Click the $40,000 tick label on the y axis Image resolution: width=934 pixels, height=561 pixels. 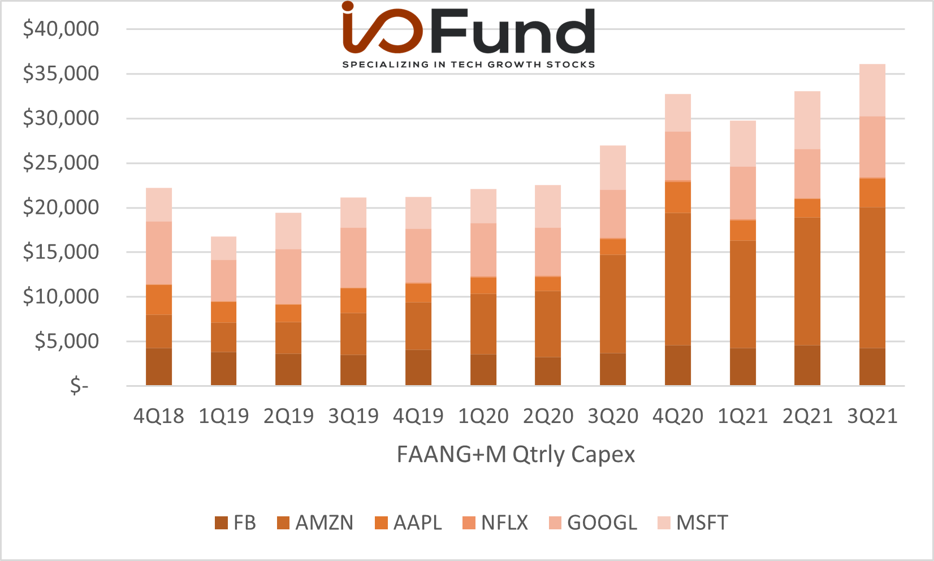pos(61,29)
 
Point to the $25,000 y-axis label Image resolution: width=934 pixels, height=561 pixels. pos(61,163)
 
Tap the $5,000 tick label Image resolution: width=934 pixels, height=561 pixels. pos(67,342)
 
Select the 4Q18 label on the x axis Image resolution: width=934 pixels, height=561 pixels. pos(158,416)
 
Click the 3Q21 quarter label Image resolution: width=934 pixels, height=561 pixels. pos(872,416)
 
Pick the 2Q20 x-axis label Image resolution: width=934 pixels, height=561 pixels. pos(548,416)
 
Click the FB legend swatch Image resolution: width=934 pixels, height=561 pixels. pos(222,523)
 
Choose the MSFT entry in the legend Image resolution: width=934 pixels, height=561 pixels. pos(693,523)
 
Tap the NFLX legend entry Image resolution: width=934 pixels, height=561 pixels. pos(495,523)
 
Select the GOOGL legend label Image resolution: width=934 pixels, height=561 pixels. pos(602,523)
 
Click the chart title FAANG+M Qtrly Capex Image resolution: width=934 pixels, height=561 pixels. pos(516,455)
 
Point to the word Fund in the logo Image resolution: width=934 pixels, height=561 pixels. pos(512,32)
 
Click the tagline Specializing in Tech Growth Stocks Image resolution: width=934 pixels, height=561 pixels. pos(469,64)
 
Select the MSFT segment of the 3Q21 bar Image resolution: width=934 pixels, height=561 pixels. pos(872,90)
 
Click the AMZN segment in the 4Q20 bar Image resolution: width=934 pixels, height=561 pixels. pos(677,279)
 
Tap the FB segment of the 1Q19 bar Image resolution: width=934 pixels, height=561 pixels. pos(223,369)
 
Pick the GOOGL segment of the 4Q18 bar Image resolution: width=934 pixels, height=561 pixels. pos(158,253)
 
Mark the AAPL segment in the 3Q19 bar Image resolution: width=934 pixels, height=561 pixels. pos(353,301)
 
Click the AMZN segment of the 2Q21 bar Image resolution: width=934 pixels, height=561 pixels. pos(807,282)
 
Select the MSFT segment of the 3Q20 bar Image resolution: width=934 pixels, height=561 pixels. pos(612,167)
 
